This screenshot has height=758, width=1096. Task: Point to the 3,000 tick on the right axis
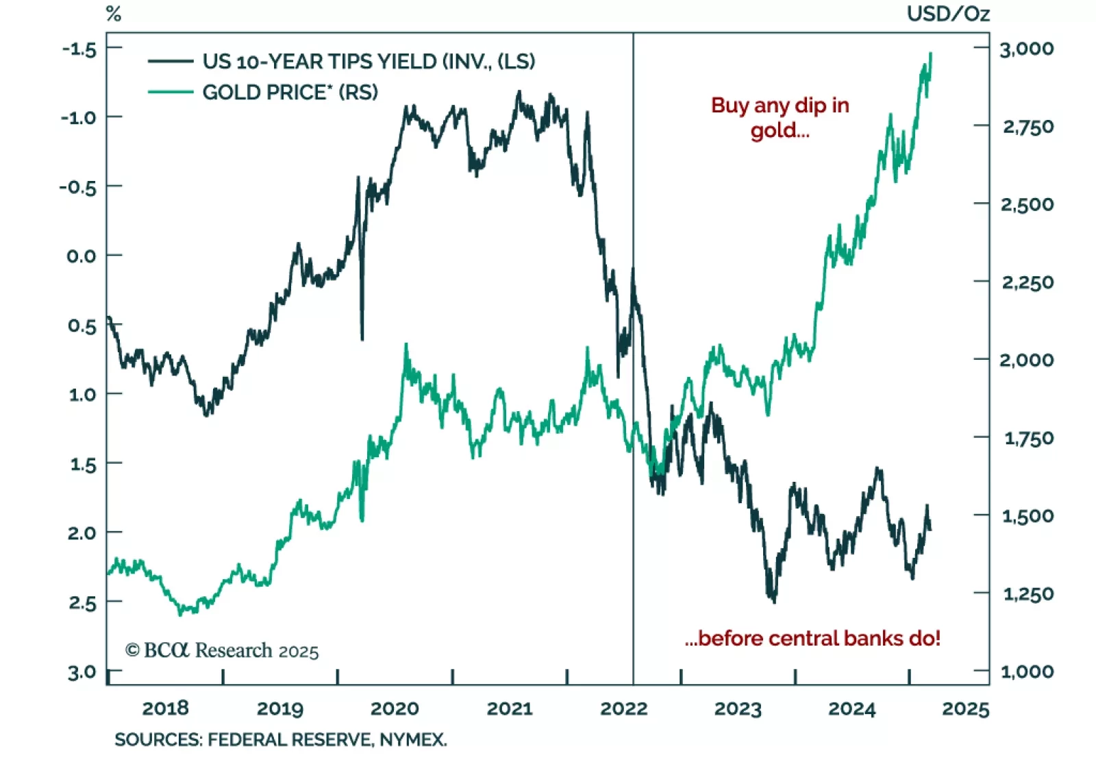coord(1026,49)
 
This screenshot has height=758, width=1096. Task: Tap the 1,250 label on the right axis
coord(1027,594)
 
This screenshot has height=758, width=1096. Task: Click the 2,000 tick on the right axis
coord(1026,360)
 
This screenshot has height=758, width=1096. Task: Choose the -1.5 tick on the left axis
coord(79,49)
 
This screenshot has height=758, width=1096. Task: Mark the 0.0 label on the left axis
coord(81,256)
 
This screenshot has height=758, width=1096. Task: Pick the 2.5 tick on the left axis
coord(82,603)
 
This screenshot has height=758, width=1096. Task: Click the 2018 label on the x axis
coord(165,708)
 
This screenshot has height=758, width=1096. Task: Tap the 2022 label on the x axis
coord(623,708)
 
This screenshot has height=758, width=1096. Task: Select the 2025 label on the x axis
coord(965,708)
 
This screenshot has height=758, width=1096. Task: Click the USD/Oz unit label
coord(948,14)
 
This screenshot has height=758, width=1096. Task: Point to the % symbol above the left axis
coord(114,14)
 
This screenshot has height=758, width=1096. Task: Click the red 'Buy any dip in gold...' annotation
coord(780,117)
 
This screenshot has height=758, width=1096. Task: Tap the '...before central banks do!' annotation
coord(812,638)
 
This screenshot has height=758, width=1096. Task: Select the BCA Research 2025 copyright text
coord(222,650)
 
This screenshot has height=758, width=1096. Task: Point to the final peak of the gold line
coord(930,53)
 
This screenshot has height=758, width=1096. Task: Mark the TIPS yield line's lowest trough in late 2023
coord(774,602)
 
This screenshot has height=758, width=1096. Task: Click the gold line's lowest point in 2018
coord(181,614)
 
